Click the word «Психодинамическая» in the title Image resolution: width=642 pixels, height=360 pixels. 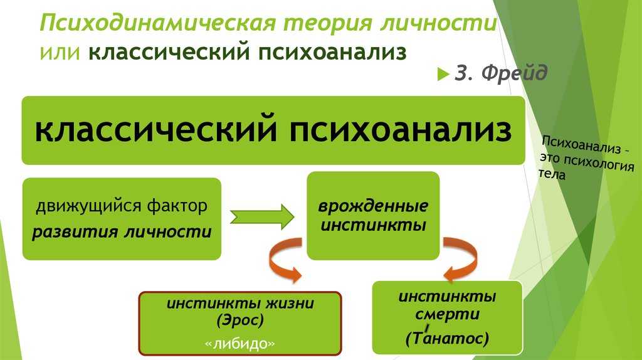(157, 23)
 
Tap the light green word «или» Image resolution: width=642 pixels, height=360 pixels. (60, 53)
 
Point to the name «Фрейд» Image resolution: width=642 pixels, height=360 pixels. (514, 73)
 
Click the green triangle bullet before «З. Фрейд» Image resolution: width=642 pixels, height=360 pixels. (443, 74)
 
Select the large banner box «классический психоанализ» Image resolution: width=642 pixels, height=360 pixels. (273, 130)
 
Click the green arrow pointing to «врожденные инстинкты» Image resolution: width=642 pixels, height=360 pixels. (262, 216)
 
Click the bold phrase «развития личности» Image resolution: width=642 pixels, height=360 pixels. (122, 232)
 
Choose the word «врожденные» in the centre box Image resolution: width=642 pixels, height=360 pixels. (373, 206)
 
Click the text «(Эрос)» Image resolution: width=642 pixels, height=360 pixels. (240, 320)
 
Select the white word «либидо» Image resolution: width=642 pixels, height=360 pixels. (240, 343)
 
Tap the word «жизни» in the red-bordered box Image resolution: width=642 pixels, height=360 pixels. (290, 304)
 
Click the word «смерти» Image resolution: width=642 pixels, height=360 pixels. (447, 315)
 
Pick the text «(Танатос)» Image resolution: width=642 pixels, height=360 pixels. (447, 338)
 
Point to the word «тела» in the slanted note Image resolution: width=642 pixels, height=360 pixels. (552, 174)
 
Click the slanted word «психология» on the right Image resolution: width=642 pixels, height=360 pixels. (599, 163)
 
